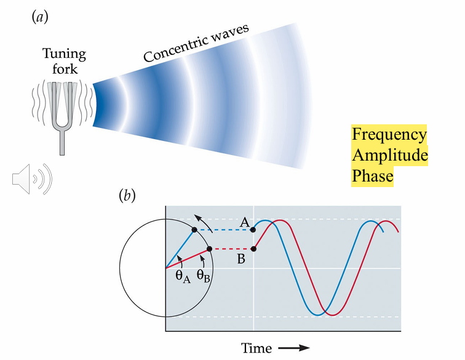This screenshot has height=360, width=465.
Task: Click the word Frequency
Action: pos(388,135)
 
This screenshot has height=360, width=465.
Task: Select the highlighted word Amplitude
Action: pos(389,156)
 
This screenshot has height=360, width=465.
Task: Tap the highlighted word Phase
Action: pos(372,177)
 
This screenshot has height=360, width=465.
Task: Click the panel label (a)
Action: pos(39,17)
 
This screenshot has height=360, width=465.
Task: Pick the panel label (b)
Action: pos(127,196)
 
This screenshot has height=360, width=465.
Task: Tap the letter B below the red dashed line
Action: pos(241,259)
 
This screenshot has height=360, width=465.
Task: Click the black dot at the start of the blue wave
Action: pos(255,230)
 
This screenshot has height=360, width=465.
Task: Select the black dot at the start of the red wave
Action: pos(255,249)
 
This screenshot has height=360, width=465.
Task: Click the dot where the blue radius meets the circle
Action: pos(194,230)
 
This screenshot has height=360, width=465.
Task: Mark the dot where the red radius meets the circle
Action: pos(210,249)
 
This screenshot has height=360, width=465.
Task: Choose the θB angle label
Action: pos(205,276)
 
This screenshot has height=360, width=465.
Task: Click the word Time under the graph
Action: pos(256,348)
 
